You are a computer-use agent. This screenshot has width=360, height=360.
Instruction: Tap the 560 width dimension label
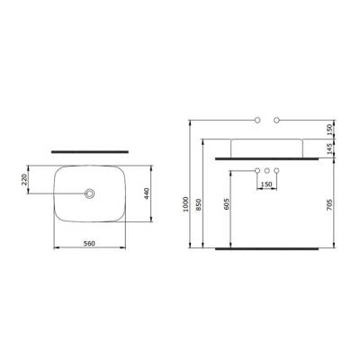click(x=89, y=242)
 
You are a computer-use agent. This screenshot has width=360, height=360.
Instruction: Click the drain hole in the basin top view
click(x=90, y=193)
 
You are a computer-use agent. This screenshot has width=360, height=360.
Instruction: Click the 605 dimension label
click(x=228, y=206)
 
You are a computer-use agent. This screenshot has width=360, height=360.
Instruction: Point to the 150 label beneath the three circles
click(x=266, y=184)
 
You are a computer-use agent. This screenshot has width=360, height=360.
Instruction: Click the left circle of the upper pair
click(x=257, y=118)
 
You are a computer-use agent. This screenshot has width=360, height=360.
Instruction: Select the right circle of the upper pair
click(x=276, y=118)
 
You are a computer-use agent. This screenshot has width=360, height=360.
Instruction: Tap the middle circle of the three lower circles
click(x=266, y=170)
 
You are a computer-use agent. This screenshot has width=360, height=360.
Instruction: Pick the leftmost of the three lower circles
click(x=257, y=170)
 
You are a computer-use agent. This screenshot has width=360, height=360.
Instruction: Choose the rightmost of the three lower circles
click(x=276, y=170)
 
